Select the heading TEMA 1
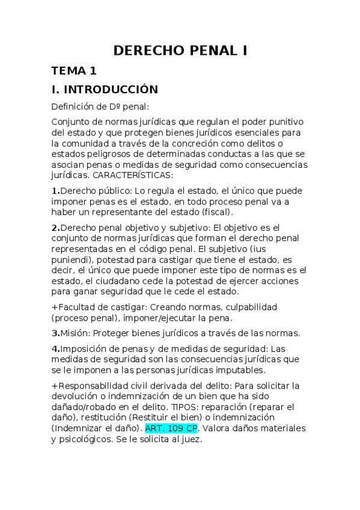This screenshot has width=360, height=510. [x=74, y=71]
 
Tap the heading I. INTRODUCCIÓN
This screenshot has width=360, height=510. [x=105, y=90]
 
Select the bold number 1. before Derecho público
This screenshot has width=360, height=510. [x=56, y=191]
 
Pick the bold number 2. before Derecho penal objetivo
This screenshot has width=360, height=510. [x=56, y=228]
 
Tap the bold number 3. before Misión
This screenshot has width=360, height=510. [x=56, y=333]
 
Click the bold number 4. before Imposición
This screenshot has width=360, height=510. [x=56, y=348]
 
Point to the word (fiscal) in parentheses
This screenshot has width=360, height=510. [x=215, y=212]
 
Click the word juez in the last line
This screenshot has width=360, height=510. [x=191, y=439]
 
